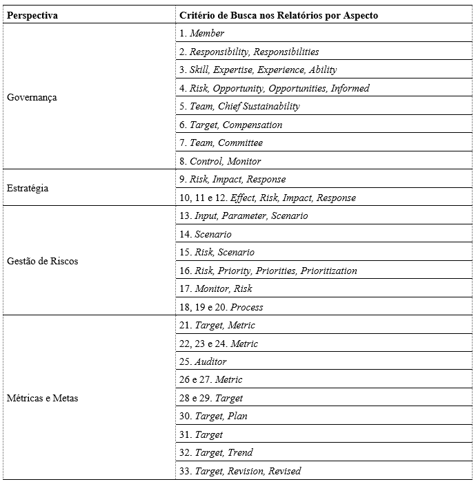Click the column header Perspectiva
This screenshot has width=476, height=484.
(x=32, y=15)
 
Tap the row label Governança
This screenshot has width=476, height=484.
(x=32, y=97)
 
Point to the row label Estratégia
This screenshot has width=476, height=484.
(x=28, y=188)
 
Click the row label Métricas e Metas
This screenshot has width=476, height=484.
(x=42, y=398)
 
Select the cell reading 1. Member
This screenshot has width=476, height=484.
(x=201, y=33)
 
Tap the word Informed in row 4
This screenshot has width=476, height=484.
(x=350, y=88)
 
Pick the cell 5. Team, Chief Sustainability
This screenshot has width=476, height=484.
(x=239, y=106)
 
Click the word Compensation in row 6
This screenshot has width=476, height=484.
(x=252, y=125)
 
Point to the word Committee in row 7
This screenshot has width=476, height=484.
(x=240, y=143)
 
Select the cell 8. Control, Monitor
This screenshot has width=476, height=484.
(x=220, y=161)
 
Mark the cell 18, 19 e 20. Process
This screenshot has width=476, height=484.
(x=221, y=307)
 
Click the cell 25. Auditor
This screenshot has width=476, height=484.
(x=203, y=361)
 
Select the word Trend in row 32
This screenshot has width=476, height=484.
(x=240, y=452)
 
